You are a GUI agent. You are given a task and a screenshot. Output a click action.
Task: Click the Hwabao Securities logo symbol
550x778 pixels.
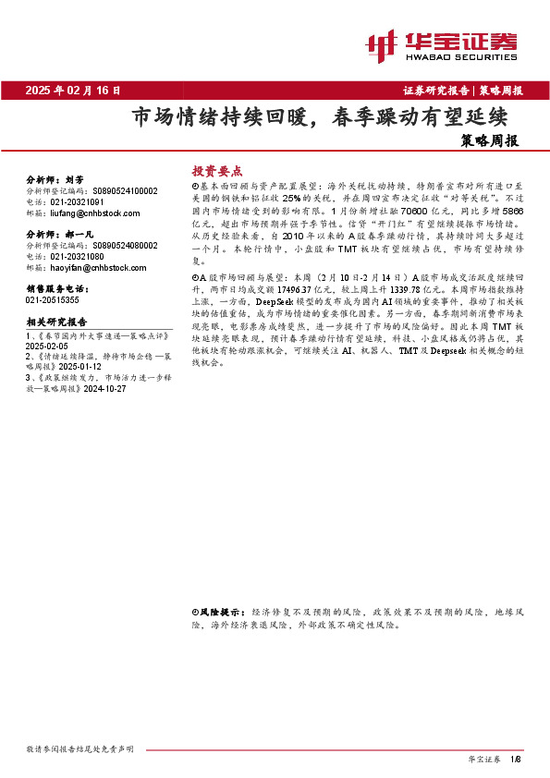pyautogui.click(x=383, y=43)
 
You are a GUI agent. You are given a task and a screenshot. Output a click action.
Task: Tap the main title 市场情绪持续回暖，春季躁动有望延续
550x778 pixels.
pyautogui.click(x=320, y=119)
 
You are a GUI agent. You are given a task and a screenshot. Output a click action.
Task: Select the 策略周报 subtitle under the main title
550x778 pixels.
pyautogui.click(x=488, y=142)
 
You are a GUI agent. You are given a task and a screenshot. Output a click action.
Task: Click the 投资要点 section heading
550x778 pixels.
pyautogui.click(x=216, y=172)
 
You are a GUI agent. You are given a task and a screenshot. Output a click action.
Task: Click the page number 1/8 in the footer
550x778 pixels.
pyautogui.click(x=516, y=760)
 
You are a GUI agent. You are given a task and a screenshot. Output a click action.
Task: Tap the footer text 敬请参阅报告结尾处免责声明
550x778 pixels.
pyautogui.click(x=80, y=748)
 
